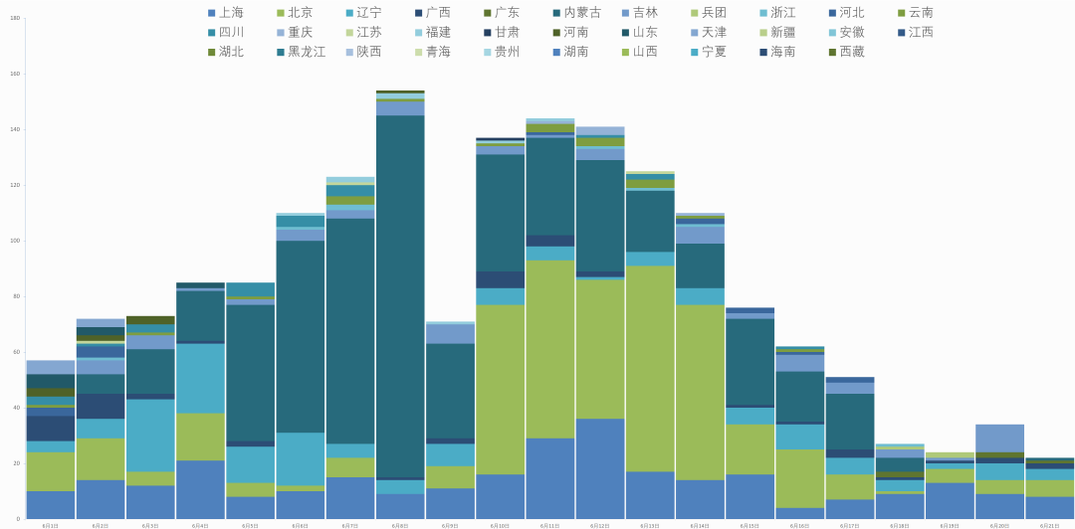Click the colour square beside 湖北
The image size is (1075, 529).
[x=212, y=52]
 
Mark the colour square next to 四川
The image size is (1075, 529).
[x=212, y=32]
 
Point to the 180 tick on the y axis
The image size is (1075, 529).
[x=15, y=18]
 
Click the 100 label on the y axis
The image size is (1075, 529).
[x=15, y=241]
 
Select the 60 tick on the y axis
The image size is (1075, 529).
[x=16, y=352]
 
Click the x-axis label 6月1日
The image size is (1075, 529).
[x=51, y=525]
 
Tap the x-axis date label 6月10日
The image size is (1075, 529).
[x=500, y=525]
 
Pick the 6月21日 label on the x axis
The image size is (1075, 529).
[x=1049, y=525]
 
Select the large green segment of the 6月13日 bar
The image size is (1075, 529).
[x=650, y=368]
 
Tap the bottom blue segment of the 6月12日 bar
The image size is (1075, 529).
[x=600, y=468]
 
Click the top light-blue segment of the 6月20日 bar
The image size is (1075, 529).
[x=999, y=439]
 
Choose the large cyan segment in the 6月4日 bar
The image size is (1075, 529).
[x=200, y=378]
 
